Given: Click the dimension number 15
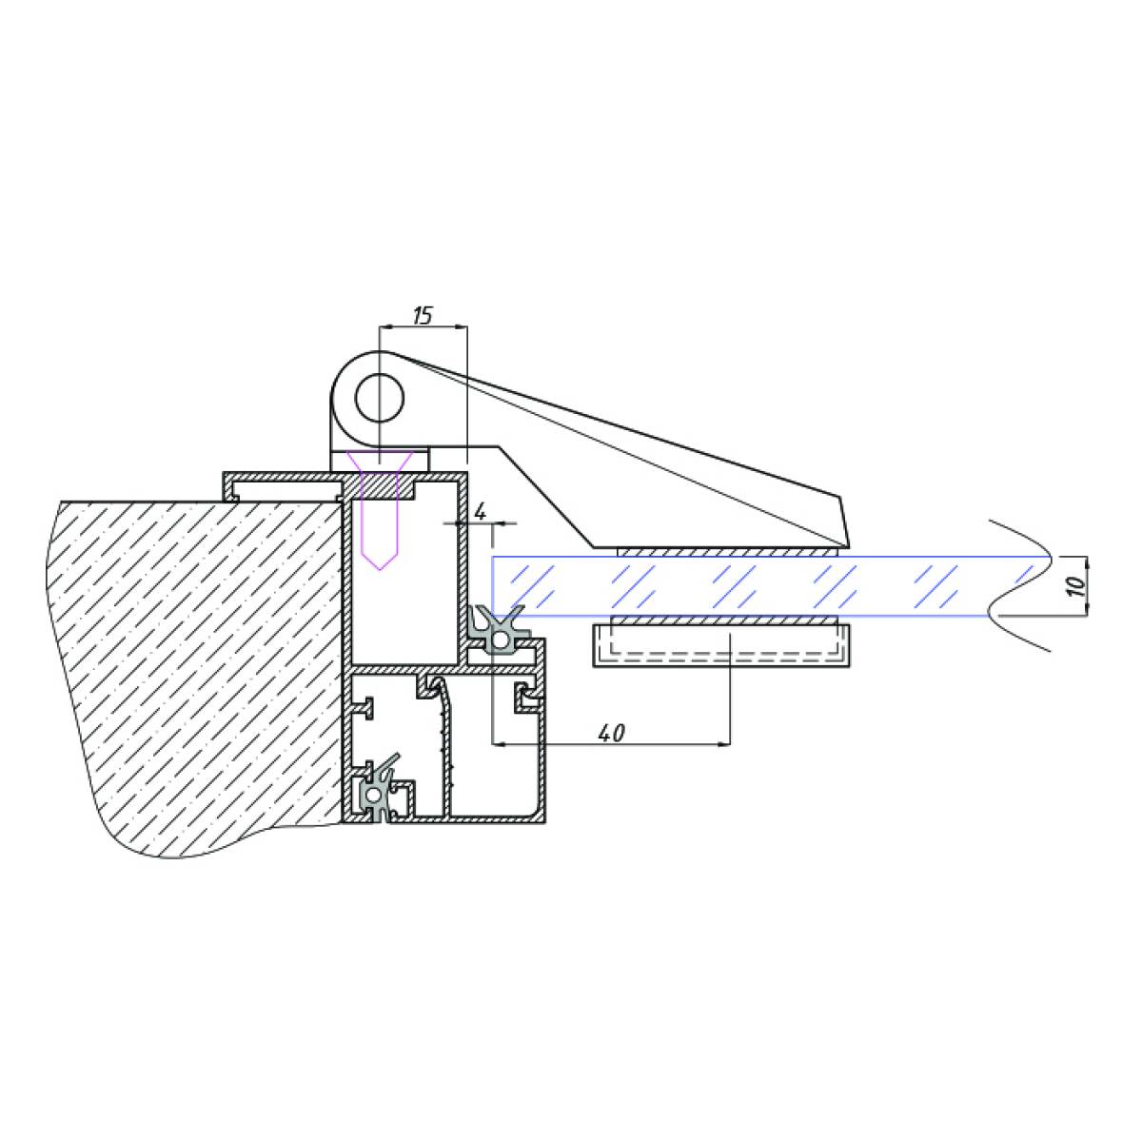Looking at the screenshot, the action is pyautogui.click(x=423, y=316).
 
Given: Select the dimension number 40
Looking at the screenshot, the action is pyautogui.click(x=611, y=734).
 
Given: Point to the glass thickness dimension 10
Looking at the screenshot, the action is pyautogui.click(x=1076, y=585).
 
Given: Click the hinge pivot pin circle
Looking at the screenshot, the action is pyautogui.click(x=380, y=398).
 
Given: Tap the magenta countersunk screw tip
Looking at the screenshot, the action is pyautogui.click(x=380, y=569).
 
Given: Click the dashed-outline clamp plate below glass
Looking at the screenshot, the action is pyautogui.click(x=721, y=645).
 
